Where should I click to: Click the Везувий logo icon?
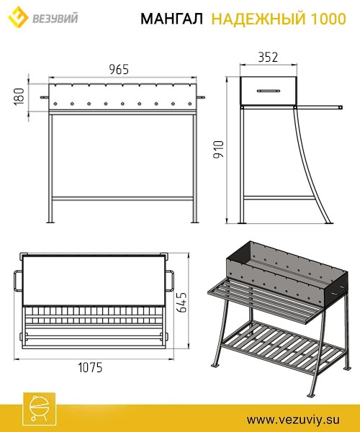point(18,17)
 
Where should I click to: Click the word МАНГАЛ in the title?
point(171,19)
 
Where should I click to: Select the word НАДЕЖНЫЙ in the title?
point(258,19)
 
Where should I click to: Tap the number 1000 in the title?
point(328,19)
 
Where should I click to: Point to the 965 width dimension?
point(119,69)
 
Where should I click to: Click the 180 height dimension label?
point(19,96)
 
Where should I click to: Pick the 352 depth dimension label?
point(268,57)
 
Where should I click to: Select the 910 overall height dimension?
point(219,149)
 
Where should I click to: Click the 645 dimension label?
point(181,302)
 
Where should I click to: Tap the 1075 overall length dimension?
point(90,367)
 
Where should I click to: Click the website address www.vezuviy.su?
point(293,420)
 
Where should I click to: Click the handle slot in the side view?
point(269,91)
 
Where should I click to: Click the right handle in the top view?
point(170,281)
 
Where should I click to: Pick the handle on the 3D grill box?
point(338,291)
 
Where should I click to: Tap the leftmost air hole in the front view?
point(55,104)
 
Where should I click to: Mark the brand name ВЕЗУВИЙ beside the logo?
point(55,18)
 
